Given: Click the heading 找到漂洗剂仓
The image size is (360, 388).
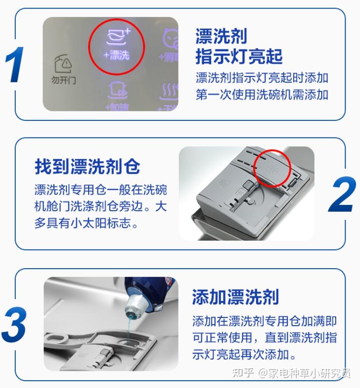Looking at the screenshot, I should pyautogui.click(x=87, y=166).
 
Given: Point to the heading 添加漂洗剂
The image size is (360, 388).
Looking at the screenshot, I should pyautogui.click(x=235, y=297).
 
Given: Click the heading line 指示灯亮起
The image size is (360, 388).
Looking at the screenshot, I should pyautogui.click(x=238, y=57).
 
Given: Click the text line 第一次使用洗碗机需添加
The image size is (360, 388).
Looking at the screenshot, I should pyautogui.click(x=262, y=95).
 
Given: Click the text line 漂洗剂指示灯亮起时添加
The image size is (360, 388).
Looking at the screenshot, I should pyautogui.click(x=262, y=77).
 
